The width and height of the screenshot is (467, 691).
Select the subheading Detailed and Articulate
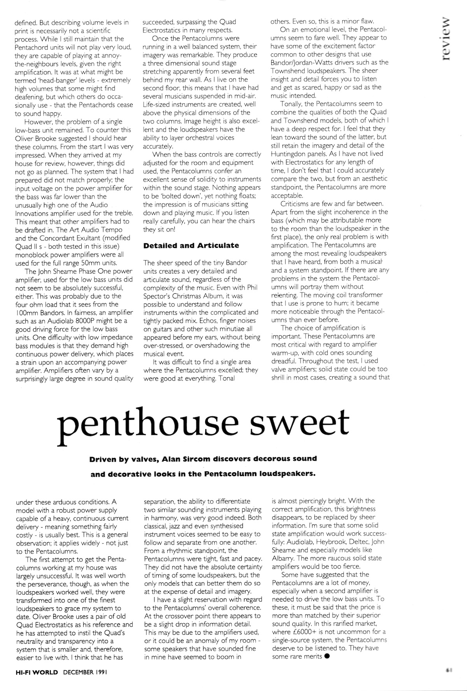pyautogui.click(x=191, y=246)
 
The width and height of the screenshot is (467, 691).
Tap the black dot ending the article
pyautogui.click(x=327, y=656)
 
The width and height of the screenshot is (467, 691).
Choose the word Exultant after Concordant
pyautogui.click(x=112, y=238)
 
